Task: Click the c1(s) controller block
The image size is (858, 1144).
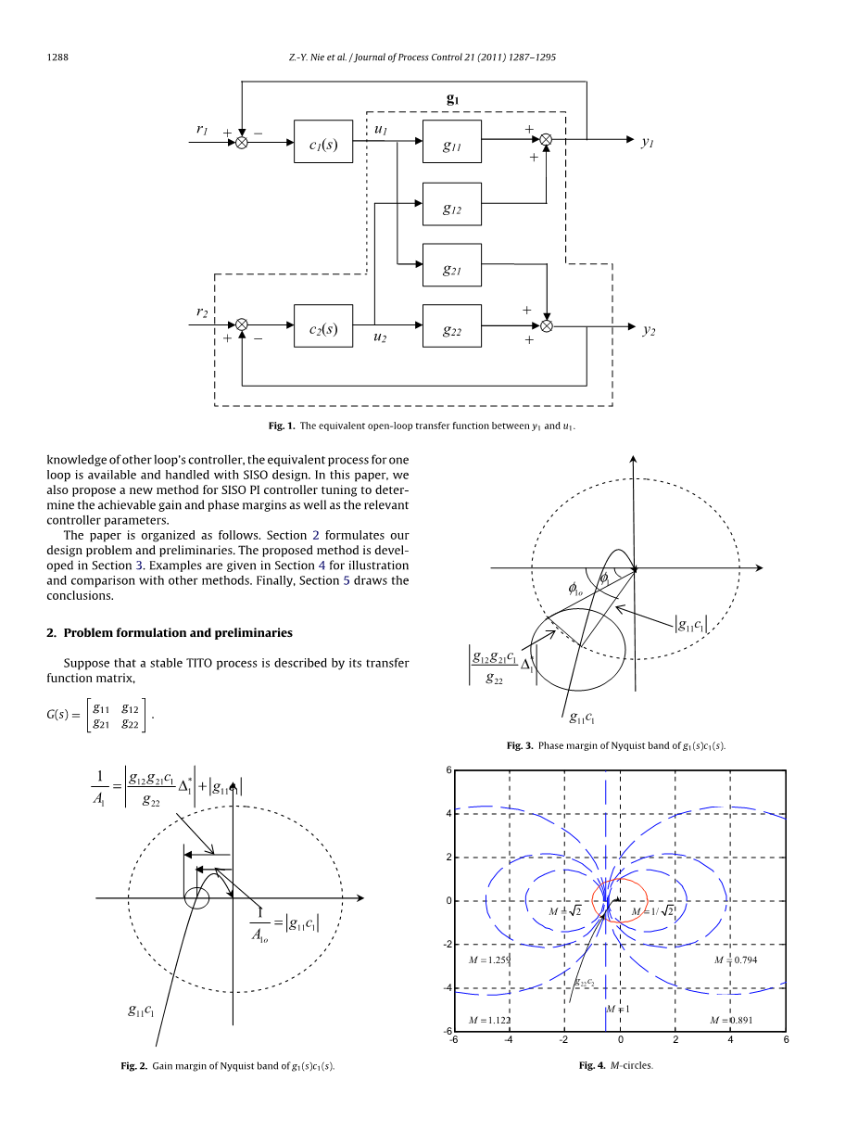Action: (323, 142)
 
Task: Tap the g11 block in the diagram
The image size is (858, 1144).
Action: (451, 142)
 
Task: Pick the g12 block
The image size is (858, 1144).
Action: (451, 205)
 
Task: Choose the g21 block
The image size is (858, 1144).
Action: (451, 266)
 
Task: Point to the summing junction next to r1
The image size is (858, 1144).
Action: (241, 142)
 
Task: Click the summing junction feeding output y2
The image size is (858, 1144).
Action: (547, 326)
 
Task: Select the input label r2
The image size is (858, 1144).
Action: (202, 313)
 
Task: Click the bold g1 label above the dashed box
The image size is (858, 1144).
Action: (452, 98)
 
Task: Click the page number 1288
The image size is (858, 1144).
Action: (58, 57)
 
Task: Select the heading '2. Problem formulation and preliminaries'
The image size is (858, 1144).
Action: (170, 633)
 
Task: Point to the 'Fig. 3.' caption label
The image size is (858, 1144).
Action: (520, 745)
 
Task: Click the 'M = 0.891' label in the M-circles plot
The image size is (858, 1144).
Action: (730, 1021)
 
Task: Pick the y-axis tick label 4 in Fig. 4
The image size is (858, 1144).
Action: (448, 814)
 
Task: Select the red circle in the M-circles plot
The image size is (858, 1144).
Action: (619, 899)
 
